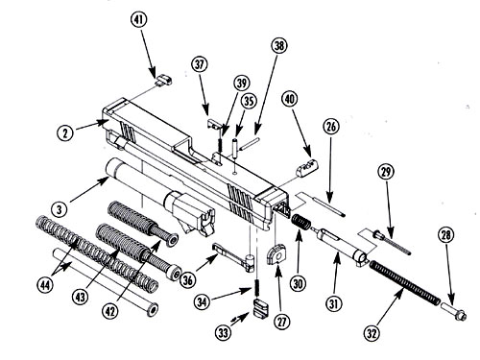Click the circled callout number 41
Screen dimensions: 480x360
(x=138, y=19)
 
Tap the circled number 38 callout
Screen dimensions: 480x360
(x=279, y=46)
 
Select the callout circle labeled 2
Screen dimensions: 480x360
(x=65, y=132)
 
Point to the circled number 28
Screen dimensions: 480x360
(x=446, y=235)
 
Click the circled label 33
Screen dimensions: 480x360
(x=223, y=333)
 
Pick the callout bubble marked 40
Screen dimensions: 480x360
(x=289, y=99)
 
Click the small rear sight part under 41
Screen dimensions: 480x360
(x=164, y=79)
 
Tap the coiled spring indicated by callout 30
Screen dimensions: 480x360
(x=300, y=222)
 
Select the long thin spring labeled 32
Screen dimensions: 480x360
(x=405, y=282)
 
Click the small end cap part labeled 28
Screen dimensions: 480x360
(x=454, y=311)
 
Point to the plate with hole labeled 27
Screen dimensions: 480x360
(x=276, y=254)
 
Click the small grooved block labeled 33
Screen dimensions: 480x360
(x=261, y=308)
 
